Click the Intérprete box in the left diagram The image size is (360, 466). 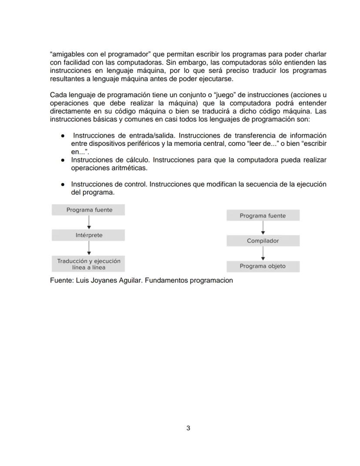coord(89,235)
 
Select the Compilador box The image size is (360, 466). coord(263,241)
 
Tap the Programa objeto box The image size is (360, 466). coord(263,266)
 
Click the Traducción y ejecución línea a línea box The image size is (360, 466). coord(89,264)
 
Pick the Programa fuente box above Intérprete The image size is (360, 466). coord(89,210)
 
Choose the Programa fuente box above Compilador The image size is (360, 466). coord(263,216)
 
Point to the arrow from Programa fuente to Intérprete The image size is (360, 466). coord(89,222)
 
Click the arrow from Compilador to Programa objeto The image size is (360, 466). coord(263,254)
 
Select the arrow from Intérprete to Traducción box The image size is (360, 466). coord(89,248)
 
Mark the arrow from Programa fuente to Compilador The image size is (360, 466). coord(263,228)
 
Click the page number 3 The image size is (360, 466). coord(188,428)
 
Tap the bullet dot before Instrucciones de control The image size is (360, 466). coord(63,184)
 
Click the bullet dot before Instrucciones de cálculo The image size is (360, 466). coord(63,160)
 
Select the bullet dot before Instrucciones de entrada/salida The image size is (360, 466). coord(63,136)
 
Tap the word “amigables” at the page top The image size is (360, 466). coord(67,54)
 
